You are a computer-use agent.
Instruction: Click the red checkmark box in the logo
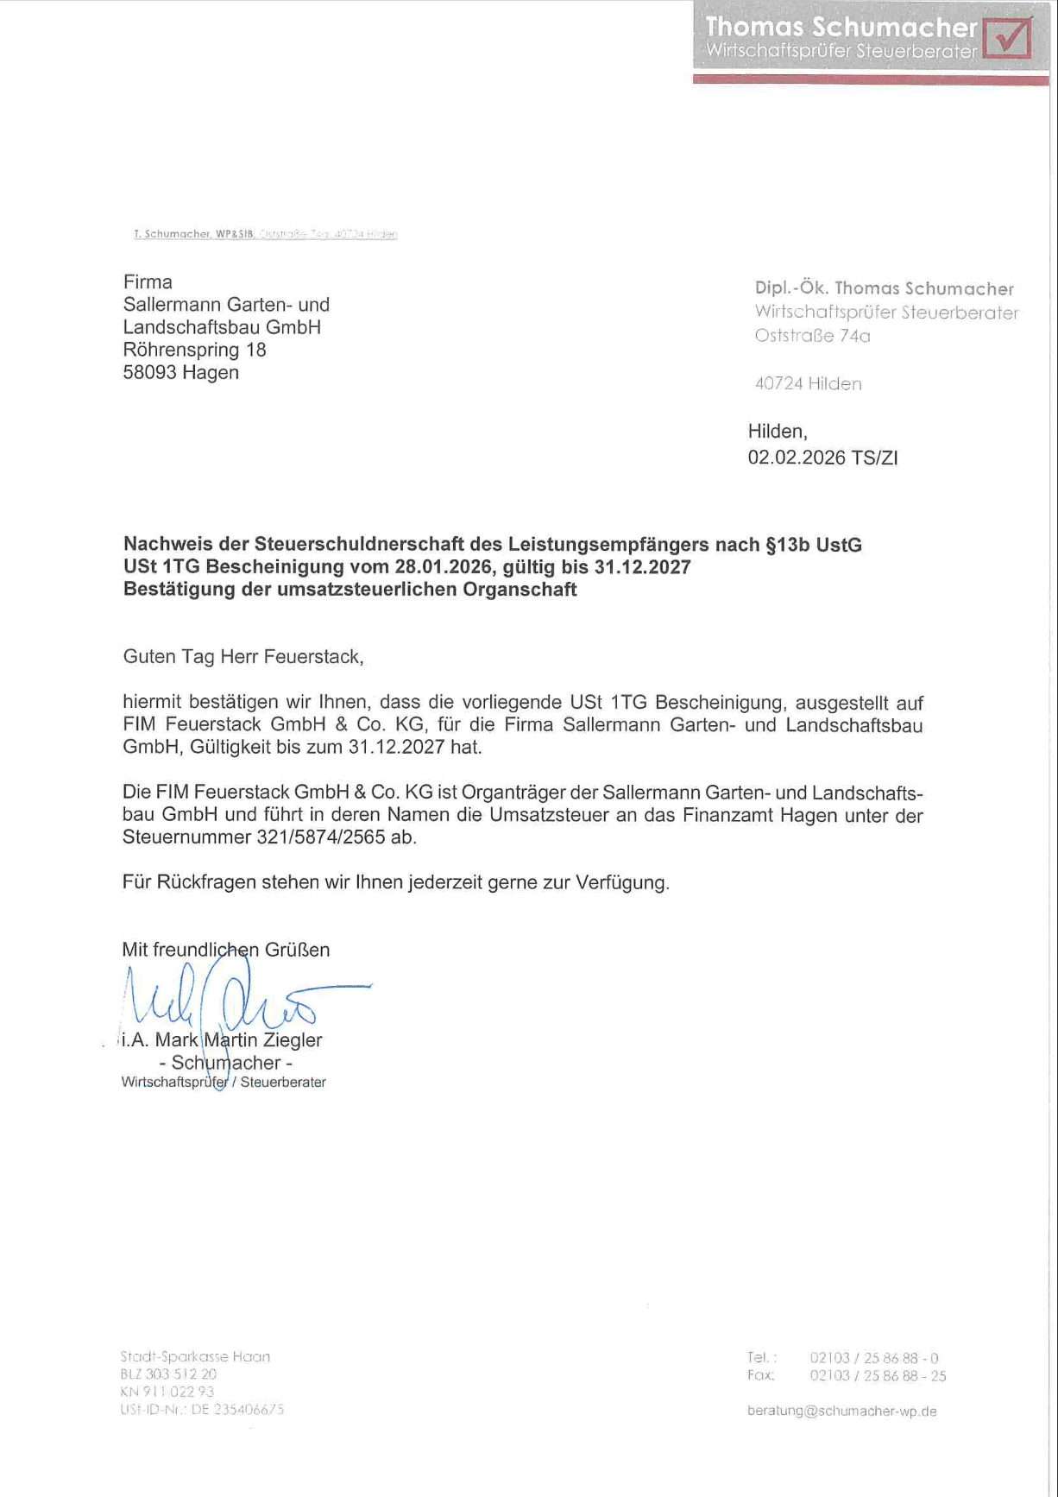(x=1007, y=37)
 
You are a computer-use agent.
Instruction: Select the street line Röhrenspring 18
(x=194, y=351)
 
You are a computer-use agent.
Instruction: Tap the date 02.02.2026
(x=796, y=458)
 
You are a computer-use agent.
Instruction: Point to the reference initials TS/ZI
(x=874, y=458)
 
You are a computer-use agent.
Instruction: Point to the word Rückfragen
(x=206, y=882)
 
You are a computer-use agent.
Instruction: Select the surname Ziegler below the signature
(x=293, y=1040)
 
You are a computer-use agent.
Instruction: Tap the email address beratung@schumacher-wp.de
(x=841, y=1411)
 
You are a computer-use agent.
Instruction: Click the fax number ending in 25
(x=877, y=1375)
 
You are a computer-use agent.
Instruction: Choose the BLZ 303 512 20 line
(x=168, y=1374)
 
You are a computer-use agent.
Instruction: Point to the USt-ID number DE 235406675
(x=202, y=1409)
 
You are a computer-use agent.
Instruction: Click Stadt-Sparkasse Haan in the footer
(x=195, y=1356)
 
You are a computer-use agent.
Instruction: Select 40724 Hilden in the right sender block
(x=808, y=384)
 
